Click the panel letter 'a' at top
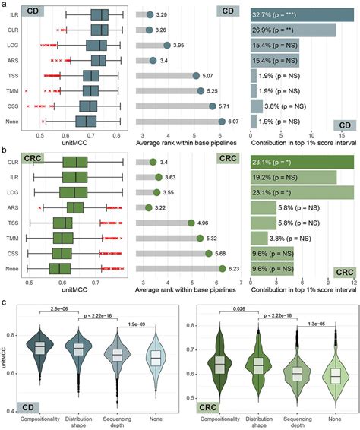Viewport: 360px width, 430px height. pyautogui.click(x=5, y=5)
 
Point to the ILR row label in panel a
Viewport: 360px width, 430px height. pyautogui.click(x=15, y=14)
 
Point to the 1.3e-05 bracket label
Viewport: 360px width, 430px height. pyautogui.click(x=319, y=324)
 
